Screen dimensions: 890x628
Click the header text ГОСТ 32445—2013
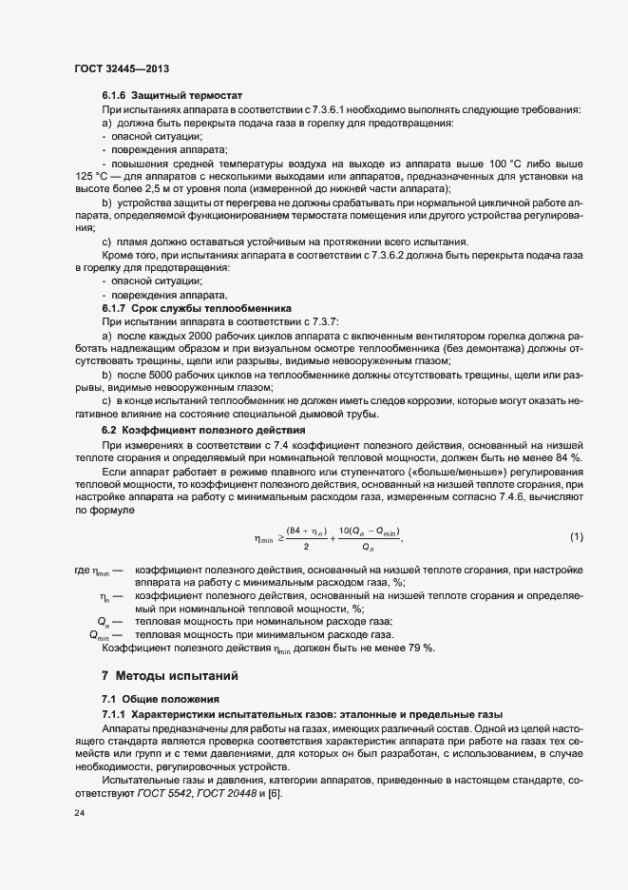tap(122, 68)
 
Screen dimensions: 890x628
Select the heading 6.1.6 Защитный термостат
tap(173, 96)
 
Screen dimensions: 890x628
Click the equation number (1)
tap(576, 537)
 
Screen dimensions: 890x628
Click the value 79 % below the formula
tap(424, 648)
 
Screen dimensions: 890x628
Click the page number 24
tap(80, 815)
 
